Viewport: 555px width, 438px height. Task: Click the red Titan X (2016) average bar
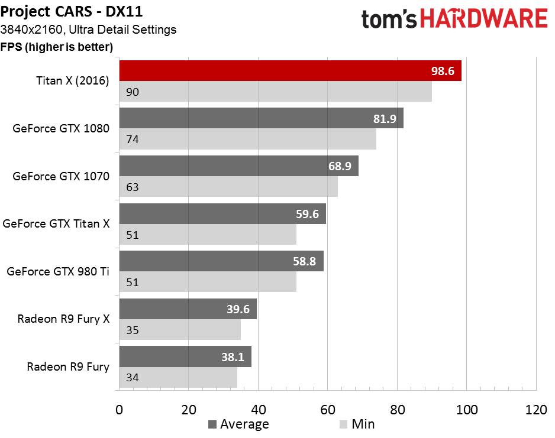pos(291,71)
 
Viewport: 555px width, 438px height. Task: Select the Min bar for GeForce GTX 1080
pos(248,139)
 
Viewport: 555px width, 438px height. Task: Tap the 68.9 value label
pos(340,166)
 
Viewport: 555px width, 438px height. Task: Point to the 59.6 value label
pos(307,214)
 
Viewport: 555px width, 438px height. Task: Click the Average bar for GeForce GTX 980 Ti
pos(221,261)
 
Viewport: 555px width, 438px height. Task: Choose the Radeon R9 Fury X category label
pos(64,319)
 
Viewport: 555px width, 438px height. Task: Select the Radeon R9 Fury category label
pos(68,367)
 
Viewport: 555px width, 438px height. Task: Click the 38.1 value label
pos(233,357)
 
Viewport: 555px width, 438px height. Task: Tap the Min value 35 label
pos(133,330)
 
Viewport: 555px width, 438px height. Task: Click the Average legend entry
pos(239,424)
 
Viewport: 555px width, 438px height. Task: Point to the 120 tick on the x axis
pos(536,410)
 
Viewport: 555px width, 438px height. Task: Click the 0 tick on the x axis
pos(120,410)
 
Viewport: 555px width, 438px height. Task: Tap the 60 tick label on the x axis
pos(328,410)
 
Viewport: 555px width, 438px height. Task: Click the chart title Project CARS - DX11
pos(72,11)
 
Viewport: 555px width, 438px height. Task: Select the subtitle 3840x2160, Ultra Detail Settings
pos(88,30)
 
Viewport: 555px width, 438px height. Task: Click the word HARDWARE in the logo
pos(484,18)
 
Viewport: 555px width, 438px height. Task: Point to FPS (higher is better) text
pos(57,47)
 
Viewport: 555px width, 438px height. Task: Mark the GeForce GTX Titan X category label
pos(56,224)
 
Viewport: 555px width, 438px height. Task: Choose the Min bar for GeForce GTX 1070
pos(228,187)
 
